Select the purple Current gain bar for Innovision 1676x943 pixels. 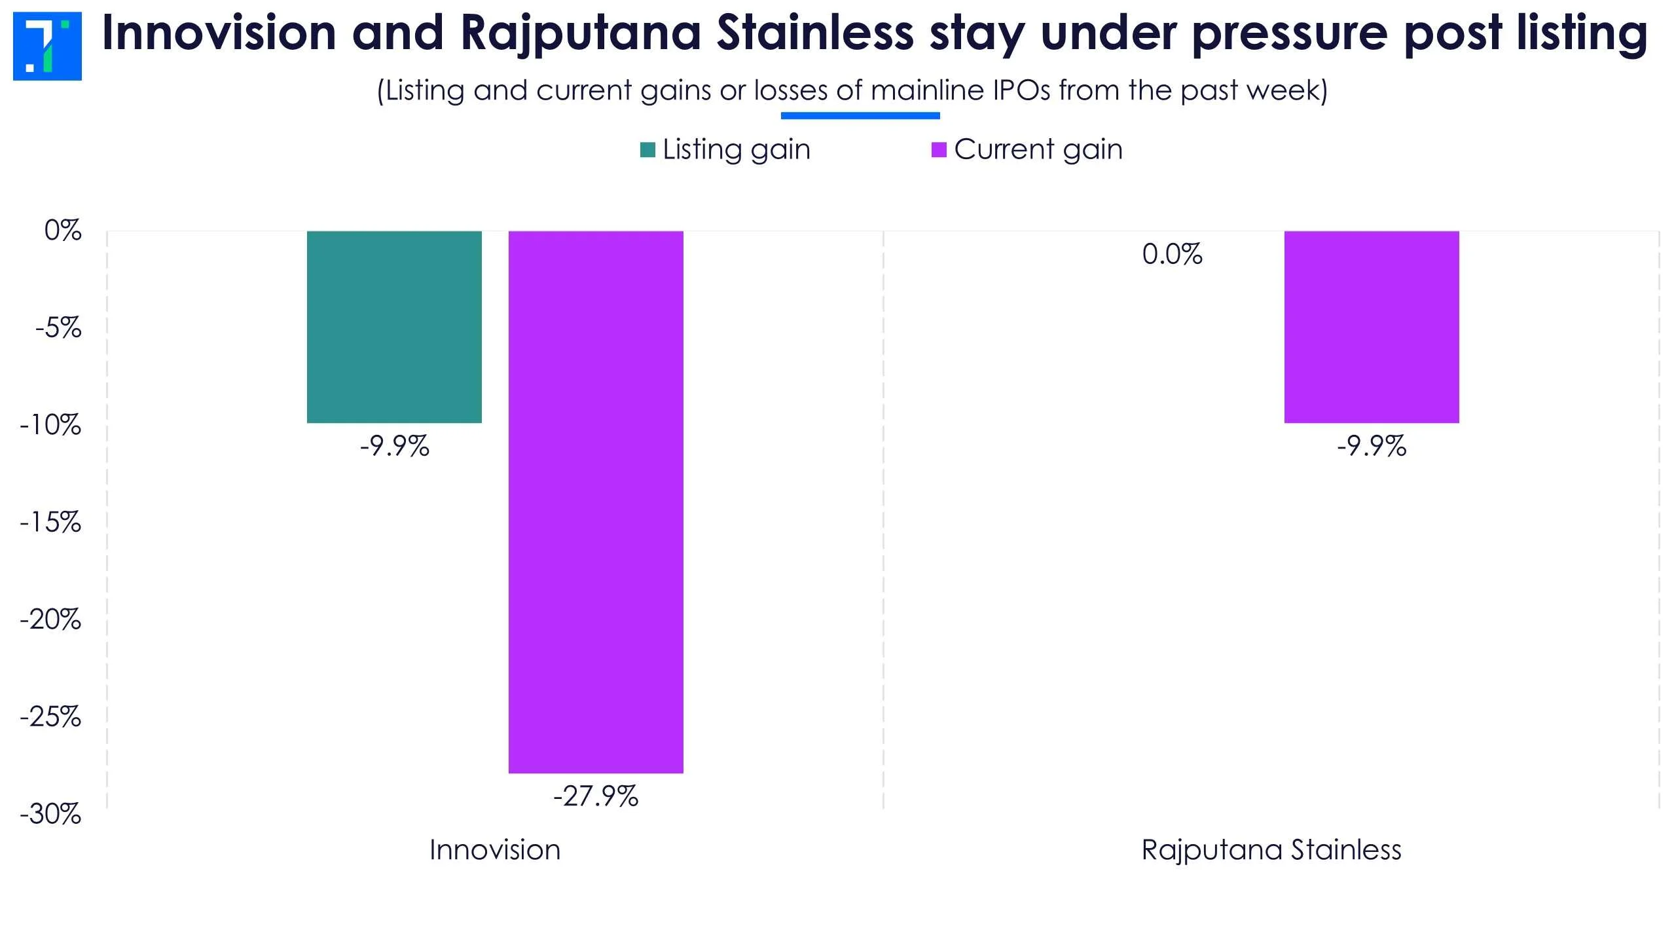(596, 502)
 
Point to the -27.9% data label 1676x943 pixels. (596, 797)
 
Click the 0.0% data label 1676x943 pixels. (1172, 254)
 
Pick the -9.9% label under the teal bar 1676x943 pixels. (394, 447)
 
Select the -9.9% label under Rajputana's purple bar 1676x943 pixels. (1372, 447)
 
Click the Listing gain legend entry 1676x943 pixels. (725, 149)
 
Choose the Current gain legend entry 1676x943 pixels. (1027, 149)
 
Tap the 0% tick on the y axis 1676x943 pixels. (63, 231)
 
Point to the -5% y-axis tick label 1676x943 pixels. (58, 327)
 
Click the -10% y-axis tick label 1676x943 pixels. (50, 425)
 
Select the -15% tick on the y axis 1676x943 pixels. (50, 523)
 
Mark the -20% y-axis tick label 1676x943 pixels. (50, 619)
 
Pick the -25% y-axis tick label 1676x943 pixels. (50, 717)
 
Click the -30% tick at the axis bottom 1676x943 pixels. (50, 814)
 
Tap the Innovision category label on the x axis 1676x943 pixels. (495, 850)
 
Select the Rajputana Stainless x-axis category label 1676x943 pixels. (1271, 850)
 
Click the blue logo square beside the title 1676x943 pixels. (47, 46)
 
